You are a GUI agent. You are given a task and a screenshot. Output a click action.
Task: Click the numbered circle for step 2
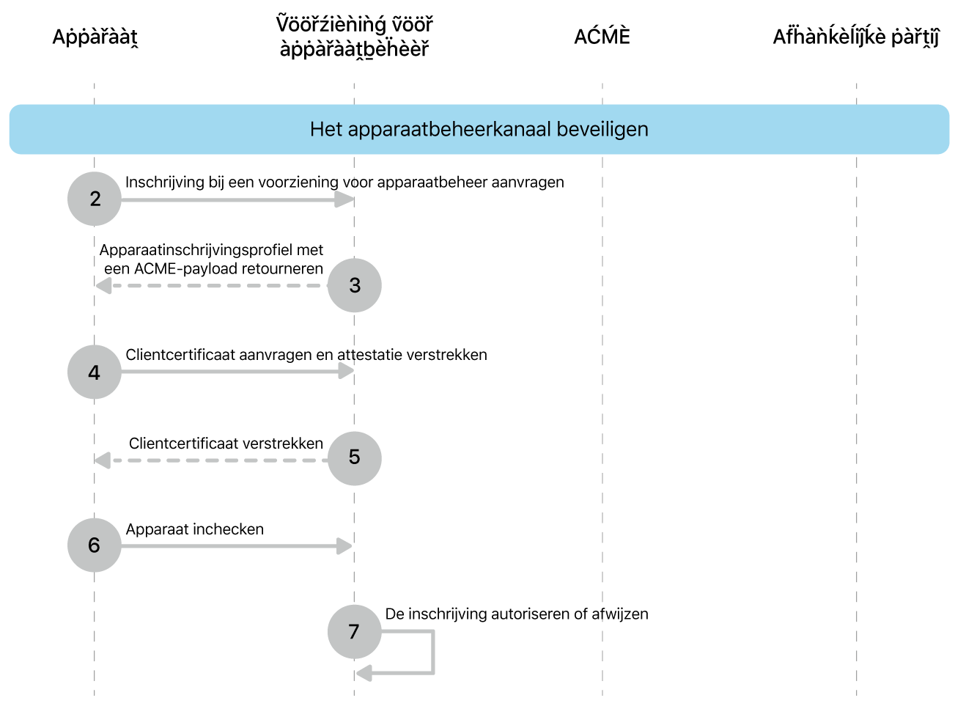(x=95, y=199)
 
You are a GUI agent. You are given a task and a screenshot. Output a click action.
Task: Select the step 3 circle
(x=355, y=285)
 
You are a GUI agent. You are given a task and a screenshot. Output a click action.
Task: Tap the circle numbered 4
(x=95, y=372)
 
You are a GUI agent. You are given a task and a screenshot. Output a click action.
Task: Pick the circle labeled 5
(x=355, y=458)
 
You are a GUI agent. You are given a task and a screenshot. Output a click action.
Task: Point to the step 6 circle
(x=95, y=545)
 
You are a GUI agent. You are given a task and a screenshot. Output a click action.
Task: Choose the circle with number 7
(x=355, y=632)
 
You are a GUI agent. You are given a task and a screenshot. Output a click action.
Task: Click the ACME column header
(x=602, y=37)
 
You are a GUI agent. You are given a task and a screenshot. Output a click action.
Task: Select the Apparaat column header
(x=95, y=37)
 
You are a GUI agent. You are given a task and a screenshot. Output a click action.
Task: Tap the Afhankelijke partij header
(x=855, y=37)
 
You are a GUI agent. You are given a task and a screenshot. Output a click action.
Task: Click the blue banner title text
(x=479, y=130)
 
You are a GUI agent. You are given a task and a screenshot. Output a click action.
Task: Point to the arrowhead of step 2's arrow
(x=345, y=199)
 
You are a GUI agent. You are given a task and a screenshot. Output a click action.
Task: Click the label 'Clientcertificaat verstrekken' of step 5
(x=226, y=444)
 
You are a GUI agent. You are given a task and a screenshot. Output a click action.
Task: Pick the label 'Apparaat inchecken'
(x=195, y=529)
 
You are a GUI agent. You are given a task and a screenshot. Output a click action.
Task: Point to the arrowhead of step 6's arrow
(x=344, y=545)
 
